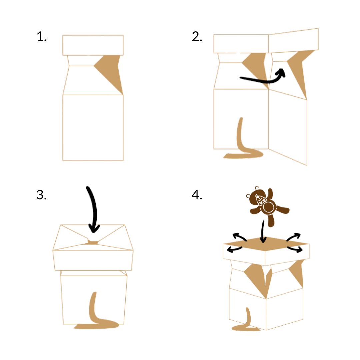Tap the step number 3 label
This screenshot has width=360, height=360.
click(41, 195)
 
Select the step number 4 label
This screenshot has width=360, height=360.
click(197, 195)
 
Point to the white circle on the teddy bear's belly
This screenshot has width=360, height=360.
click(268, 207)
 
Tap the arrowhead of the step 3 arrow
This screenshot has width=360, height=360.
click(95, 229)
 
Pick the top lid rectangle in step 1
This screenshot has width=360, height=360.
click(93, 45)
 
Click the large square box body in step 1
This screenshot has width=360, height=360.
click(93, 127)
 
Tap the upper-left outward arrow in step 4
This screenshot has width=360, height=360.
click(239, 237)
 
